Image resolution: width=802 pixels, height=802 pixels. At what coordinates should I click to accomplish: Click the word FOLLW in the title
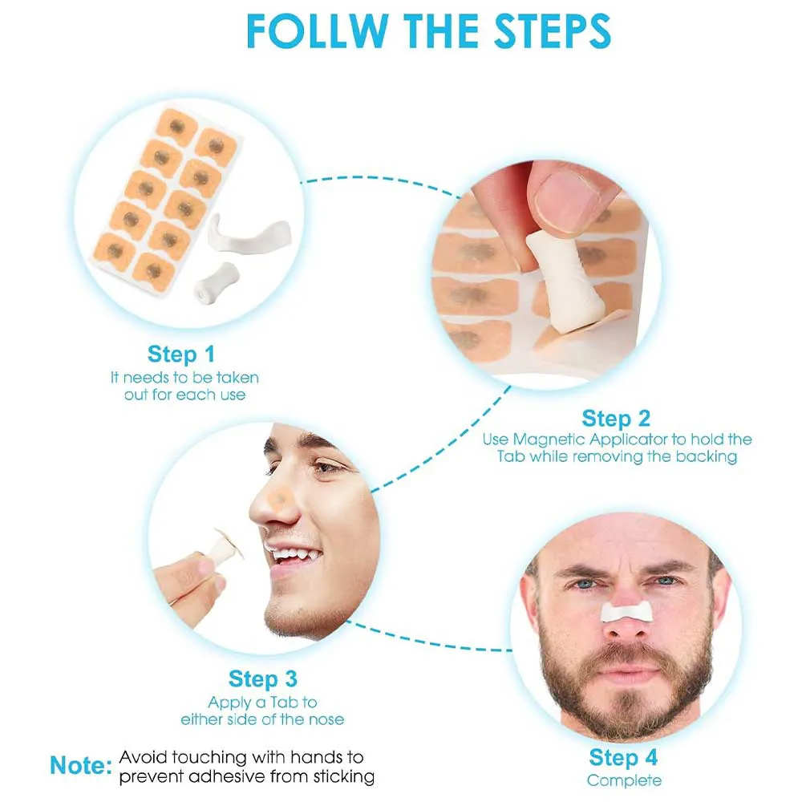click(317, 31)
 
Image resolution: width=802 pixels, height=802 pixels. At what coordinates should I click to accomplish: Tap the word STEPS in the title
click(553, 31)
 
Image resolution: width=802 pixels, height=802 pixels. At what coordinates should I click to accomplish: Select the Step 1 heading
click(181, 354)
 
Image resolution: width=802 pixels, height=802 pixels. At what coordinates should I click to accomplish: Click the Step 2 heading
click(616, 419)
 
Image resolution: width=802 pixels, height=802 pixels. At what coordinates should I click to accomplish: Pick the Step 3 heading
click(262, 678)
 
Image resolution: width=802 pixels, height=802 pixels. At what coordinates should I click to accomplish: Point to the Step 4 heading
click(623, 758)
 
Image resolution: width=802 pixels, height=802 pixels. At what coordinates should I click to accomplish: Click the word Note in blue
click(81, 766)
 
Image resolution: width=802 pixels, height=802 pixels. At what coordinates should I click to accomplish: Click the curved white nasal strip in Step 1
click(248, 233)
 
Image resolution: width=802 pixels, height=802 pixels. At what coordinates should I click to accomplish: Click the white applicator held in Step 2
click(564, 280)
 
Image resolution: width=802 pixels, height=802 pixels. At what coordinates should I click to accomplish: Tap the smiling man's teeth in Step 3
click(293, 555)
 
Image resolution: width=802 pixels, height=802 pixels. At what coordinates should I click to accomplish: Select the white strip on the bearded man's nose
click(626, 611)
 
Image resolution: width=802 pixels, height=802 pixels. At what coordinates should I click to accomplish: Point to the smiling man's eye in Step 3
click(325, 467)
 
